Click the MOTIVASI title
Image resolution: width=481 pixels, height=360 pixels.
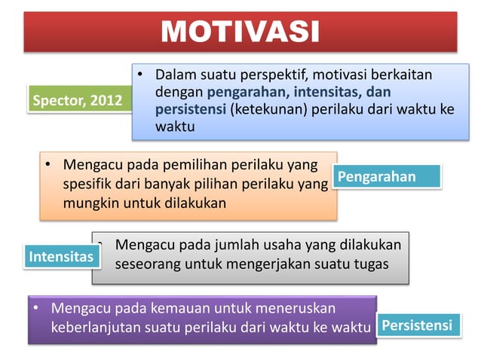[240, 32]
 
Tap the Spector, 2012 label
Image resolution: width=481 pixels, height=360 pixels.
[76, 101]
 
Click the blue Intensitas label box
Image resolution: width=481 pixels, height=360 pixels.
[61, 257]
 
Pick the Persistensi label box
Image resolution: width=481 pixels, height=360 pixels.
[417, 325]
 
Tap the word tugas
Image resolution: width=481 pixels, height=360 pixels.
[371, 265]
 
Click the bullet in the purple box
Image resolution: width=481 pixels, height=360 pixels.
[36, 308]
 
